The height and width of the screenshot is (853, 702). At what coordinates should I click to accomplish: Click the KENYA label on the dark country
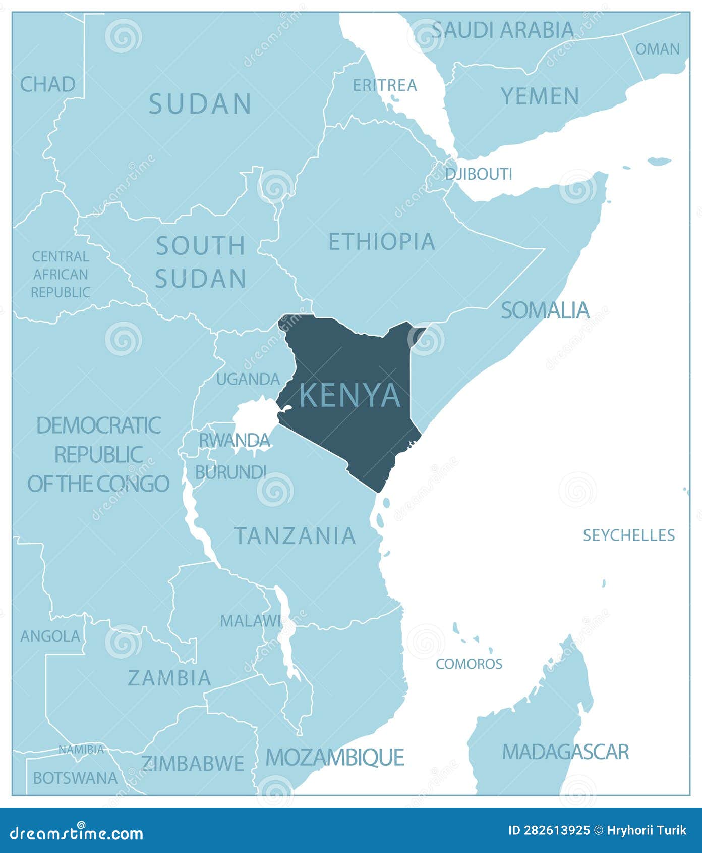pos(350,395)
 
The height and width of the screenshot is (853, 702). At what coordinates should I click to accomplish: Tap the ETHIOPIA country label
pos(381,242)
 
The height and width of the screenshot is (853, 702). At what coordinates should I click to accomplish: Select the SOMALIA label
pos(545,310)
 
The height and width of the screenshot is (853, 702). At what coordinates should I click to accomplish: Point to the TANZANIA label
pos(295,536)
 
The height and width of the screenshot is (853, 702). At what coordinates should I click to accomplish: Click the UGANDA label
pos(248,379)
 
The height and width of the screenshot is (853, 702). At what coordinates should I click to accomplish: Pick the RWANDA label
pos(235,440)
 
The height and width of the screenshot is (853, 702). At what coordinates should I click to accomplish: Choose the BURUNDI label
pos(230,472)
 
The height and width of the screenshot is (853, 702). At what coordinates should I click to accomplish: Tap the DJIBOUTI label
pos(478,174)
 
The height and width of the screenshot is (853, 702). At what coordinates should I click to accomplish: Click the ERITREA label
pos(384,85)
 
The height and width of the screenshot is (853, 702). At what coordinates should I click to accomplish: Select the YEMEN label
pos(540,96)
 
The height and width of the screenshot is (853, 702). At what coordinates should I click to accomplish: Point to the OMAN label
pos(657,49)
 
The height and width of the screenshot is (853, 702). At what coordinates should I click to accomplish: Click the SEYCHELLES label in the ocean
pos(628,535)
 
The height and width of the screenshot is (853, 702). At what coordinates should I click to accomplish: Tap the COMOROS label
pos(469,664)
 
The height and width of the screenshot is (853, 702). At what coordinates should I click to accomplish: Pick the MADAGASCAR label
pos(565,752)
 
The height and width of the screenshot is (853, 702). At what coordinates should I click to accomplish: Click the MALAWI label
pos(250,621)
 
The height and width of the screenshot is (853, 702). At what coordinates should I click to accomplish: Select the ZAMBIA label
pos(169,678)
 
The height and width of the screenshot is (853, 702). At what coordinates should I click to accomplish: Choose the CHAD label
pos(47,84)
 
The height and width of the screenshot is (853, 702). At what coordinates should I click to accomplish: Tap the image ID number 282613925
pos(549,830)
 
